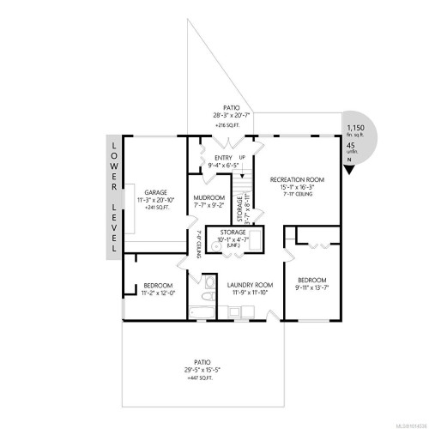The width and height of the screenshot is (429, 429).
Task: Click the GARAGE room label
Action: tap(155, 192)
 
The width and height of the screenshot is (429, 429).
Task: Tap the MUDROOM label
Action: tap(209, 196)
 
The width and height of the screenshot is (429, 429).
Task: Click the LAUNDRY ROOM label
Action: tap(251, 285)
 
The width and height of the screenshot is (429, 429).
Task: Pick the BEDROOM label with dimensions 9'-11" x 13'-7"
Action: tap(312, 280)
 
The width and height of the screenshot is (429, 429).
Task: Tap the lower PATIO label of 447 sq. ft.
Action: tap(202, 363)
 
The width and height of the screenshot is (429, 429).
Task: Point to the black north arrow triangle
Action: tap(349, 168)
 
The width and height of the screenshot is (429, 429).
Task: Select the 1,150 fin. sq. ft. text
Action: tap(355, 127)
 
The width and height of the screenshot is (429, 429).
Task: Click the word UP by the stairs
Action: tap(241, 158)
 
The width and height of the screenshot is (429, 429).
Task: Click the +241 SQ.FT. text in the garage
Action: tap(155, 207)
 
